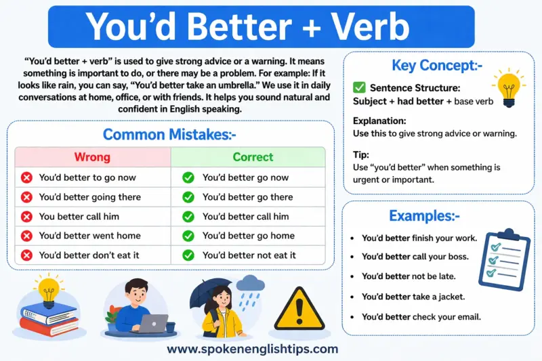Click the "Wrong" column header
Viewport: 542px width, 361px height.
pyautogui.click(x=91, y=157)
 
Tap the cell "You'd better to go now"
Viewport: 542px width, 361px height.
pyautogui.click(x=87, y=177)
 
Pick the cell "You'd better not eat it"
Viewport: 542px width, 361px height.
pyautogui.click(x=249, y=255)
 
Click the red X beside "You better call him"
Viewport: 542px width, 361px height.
pyautogui.click(x=27, y=217)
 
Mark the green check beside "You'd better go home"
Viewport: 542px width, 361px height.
pyautogui.click(x=188, y=236)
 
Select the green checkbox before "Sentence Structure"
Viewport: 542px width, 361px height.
pyautogui.click(x=359, y=88)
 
